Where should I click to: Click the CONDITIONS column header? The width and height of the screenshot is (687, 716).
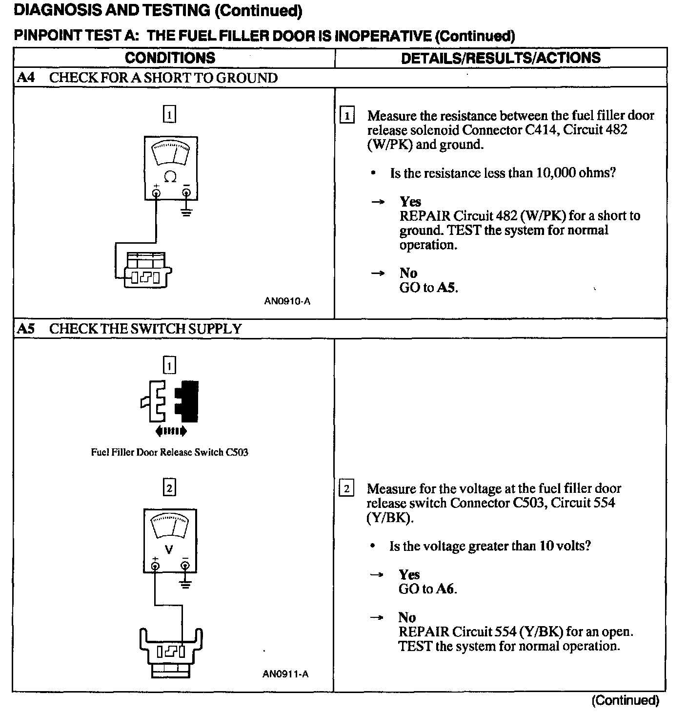pyautogui.click(x=170, y=58)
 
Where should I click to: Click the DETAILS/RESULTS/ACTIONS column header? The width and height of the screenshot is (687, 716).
pyautogui.click(x=501, y=58)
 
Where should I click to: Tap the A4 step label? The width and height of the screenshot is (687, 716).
pyautogui.click(x=26, y=78)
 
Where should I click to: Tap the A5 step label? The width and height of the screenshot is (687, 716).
pyautogui.click(x=26, y=329)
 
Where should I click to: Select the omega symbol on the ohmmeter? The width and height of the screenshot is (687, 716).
pyautogui.click(x=170, y=176)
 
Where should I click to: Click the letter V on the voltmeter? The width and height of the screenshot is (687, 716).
pyautogui.click(x=169, y=549)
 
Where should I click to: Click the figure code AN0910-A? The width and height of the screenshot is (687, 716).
pyautogui.click(x=287, y=301)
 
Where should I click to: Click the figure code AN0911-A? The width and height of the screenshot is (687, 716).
pyautogui.click(x=285, y=674)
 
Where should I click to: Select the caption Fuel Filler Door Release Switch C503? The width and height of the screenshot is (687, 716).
pyautogui.click(x=169, y=452)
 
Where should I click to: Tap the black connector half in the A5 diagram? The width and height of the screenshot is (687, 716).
pyautogui.click(x=187, y=402)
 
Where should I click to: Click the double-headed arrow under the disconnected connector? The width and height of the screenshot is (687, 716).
pyautogui.click(x=170, y=431)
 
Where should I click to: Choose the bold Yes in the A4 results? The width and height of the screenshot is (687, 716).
pyautogui.click(x=410, y=202)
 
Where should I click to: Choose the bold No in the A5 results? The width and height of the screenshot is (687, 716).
pyautogui.click(x=407, y=617)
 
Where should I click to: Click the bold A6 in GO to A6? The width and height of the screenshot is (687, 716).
pyautogui.click(x=445, y=589)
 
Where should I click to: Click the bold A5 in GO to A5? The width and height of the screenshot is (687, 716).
pyautogui.click(x=446, y=287)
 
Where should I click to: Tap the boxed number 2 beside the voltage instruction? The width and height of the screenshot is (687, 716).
pyautogui.click(x=346, y=488)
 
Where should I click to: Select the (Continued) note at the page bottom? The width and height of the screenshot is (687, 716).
pyautogui.click(x=625, y=700)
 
